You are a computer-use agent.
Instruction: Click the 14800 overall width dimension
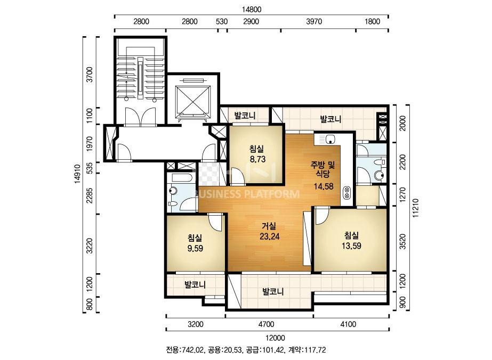pos(252,10)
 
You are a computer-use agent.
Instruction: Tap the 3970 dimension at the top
pos(314,22)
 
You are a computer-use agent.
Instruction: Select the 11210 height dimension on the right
pos(416,208)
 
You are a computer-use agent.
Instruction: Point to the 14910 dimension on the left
pos(77,174)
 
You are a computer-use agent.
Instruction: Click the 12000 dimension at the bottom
pos(275,338)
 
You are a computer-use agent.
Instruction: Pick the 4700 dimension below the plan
pos(266,324)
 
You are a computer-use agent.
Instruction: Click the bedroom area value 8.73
pos(257,159)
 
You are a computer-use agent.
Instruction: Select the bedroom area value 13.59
pos(351,246)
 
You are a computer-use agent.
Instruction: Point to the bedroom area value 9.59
pos(195,248)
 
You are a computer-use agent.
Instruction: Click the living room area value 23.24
pos(269,236)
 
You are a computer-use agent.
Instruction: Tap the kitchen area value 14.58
pos(324,186)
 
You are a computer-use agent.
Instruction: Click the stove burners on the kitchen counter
pos(347,193)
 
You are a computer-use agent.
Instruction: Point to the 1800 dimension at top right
pos(372,22)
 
